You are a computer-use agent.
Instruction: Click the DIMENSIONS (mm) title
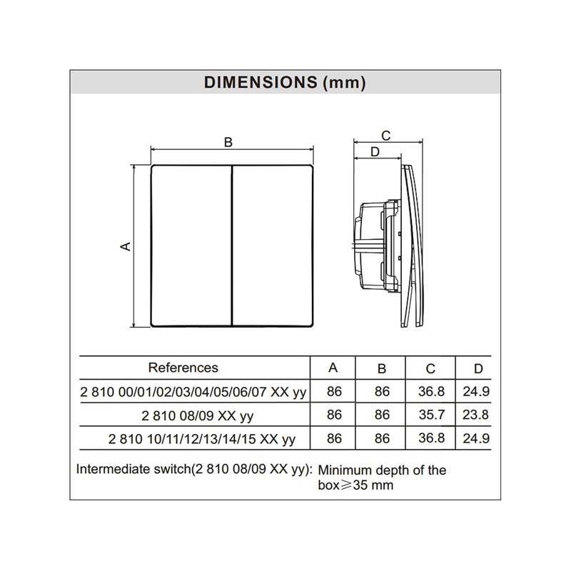pyautogui.click(x=285, y=82)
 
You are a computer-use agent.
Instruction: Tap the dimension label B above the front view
pyautogui.click(x=228, y=142)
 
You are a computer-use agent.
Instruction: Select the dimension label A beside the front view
pyautogui.click(x=126, y=246)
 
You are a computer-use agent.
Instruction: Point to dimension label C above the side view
pyautogui.click(x=385, y=135)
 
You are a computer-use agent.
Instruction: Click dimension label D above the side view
pyautogui.click(x=374, y=151)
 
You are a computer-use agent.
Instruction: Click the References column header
pyautogui.click(x=183, y=368)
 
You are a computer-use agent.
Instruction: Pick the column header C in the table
pyautogui.click(x=430, y=368)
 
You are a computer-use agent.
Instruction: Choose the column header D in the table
pyautogui.click(x=478, y=368)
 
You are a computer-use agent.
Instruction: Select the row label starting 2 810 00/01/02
pyautogui.click(x=193, y=392)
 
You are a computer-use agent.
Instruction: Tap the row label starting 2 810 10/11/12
pyautogui.click(x=202, y=438)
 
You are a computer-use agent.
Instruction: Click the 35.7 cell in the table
pyautogui.click(x=430, y=415)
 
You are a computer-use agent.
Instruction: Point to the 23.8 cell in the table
pyautogui.click(x=478, y=415)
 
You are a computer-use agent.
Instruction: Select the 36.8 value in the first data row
pyautogui.click(x=430, y=392)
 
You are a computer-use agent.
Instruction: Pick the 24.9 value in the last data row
pyautogui.click(x=478, y=438)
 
